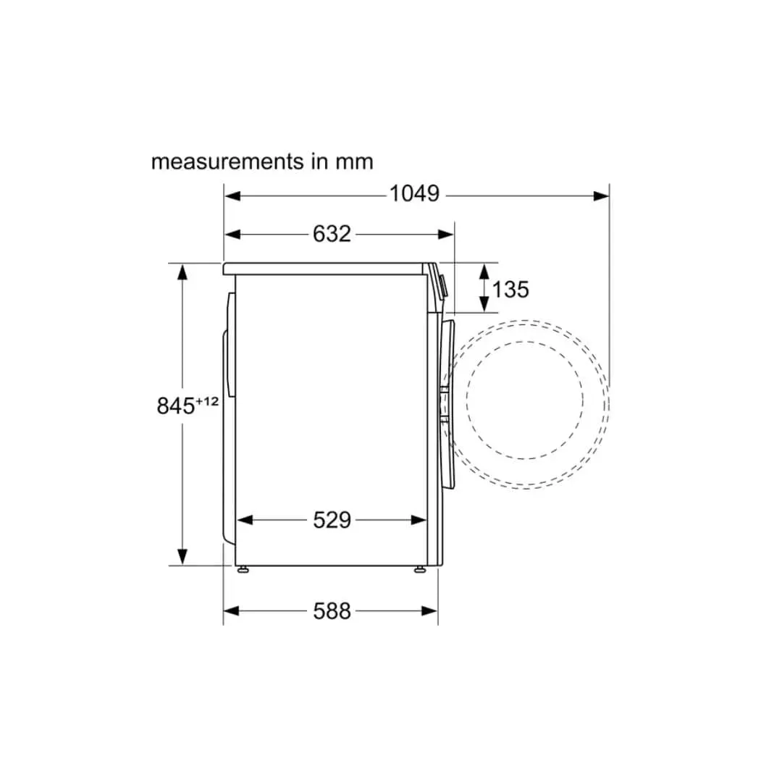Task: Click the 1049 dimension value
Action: click(414, 194)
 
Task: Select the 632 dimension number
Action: click(332, 233)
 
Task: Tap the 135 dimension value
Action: click(510, 289)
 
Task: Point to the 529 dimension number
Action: click(332, 519)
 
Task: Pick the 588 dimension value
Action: click(332, 611)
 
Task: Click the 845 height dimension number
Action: click(176, 405)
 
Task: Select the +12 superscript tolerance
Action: click(206, 400)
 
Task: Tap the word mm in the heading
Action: click(353, 161)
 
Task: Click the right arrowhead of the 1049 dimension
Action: click(601, 195)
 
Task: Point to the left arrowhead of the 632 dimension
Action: click(232, 234)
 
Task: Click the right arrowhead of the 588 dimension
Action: click(430, 611)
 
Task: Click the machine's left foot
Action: click(244, 569)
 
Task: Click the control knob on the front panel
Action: click(443, 287)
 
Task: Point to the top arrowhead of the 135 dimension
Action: click(483, 272)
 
